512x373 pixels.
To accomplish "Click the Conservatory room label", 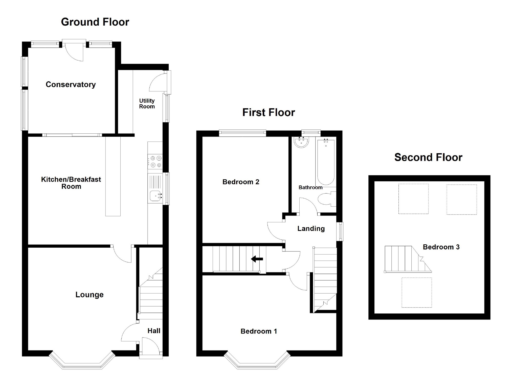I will [71, 84].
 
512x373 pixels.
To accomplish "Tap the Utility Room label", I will [147, 104].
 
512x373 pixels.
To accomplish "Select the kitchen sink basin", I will [155, 196].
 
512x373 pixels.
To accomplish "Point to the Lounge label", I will [90, 295].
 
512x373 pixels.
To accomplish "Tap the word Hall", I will [154, 331].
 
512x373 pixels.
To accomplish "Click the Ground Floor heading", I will [95, 22].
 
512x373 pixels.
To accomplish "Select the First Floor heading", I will [269, 112].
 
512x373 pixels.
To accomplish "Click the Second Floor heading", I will [428, 157].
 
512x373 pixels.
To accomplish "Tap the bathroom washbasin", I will [301, 142].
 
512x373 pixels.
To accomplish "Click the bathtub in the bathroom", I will [326, 162].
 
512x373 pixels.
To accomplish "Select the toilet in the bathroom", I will [326, 199].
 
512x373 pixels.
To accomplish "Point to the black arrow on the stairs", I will [257, 259].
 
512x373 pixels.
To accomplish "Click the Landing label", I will [311, 228].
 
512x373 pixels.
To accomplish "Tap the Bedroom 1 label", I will [259, 331].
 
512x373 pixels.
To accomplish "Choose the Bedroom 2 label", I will [241, 182].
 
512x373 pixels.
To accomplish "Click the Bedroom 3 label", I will [441, 247].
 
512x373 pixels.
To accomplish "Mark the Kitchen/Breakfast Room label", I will [71, 183].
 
